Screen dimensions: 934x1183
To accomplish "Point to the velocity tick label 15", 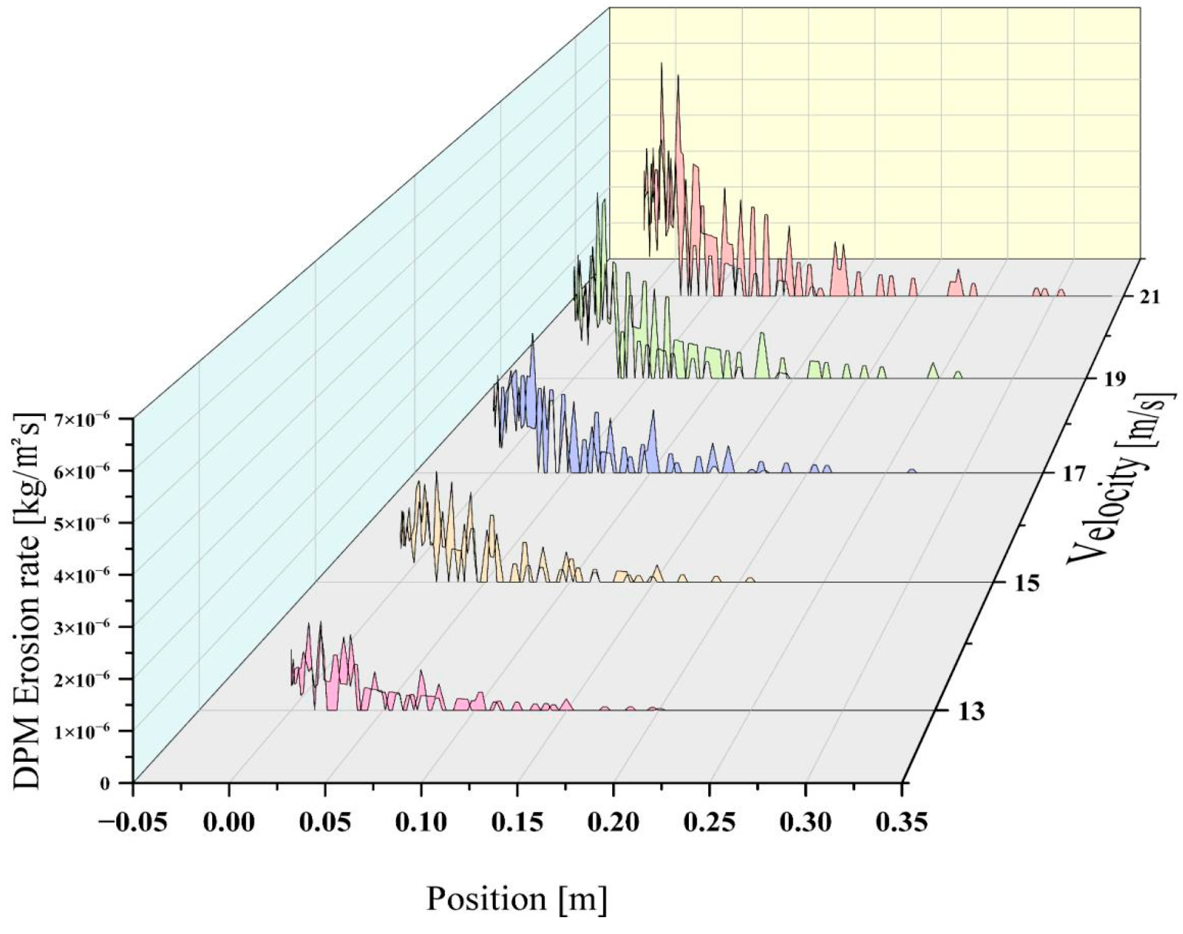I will point(1024,584).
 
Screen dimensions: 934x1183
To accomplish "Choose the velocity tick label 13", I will point(970,712).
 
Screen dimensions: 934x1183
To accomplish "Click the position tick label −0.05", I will point(132,823).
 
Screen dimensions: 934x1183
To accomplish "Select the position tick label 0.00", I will point(228,823).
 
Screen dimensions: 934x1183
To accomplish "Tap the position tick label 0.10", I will point(421,823).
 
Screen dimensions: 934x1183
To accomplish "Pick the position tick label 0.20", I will point(613,823).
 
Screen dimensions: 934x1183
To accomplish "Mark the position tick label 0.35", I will point(902,823).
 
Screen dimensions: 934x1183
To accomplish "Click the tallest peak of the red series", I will point(661,63).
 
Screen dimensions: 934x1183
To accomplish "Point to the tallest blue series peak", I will point(532,335).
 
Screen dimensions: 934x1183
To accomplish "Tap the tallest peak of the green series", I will point(598,193).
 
